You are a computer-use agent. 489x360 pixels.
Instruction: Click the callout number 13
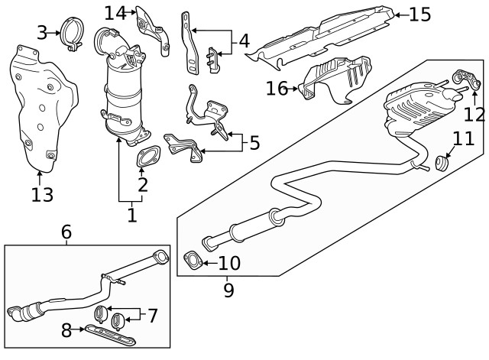43,195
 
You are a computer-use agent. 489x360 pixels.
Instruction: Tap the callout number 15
420,14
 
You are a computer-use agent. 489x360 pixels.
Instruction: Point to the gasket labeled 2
143,159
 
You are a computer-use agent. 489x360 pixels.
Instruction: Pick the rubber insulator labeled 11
442,163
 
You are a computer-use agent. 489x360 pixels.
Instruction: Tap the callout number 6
66,231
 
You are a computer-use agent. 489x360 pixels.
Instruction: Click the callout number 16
277,89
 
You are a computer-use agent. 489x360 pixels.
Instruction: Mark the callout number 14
115,12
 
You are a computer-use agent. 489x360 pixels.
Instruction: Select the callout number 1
131,216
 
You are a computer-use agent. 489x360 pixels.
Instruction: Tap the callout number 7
153,315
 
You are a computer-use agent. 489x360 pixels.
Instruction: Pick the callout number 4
244,41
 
